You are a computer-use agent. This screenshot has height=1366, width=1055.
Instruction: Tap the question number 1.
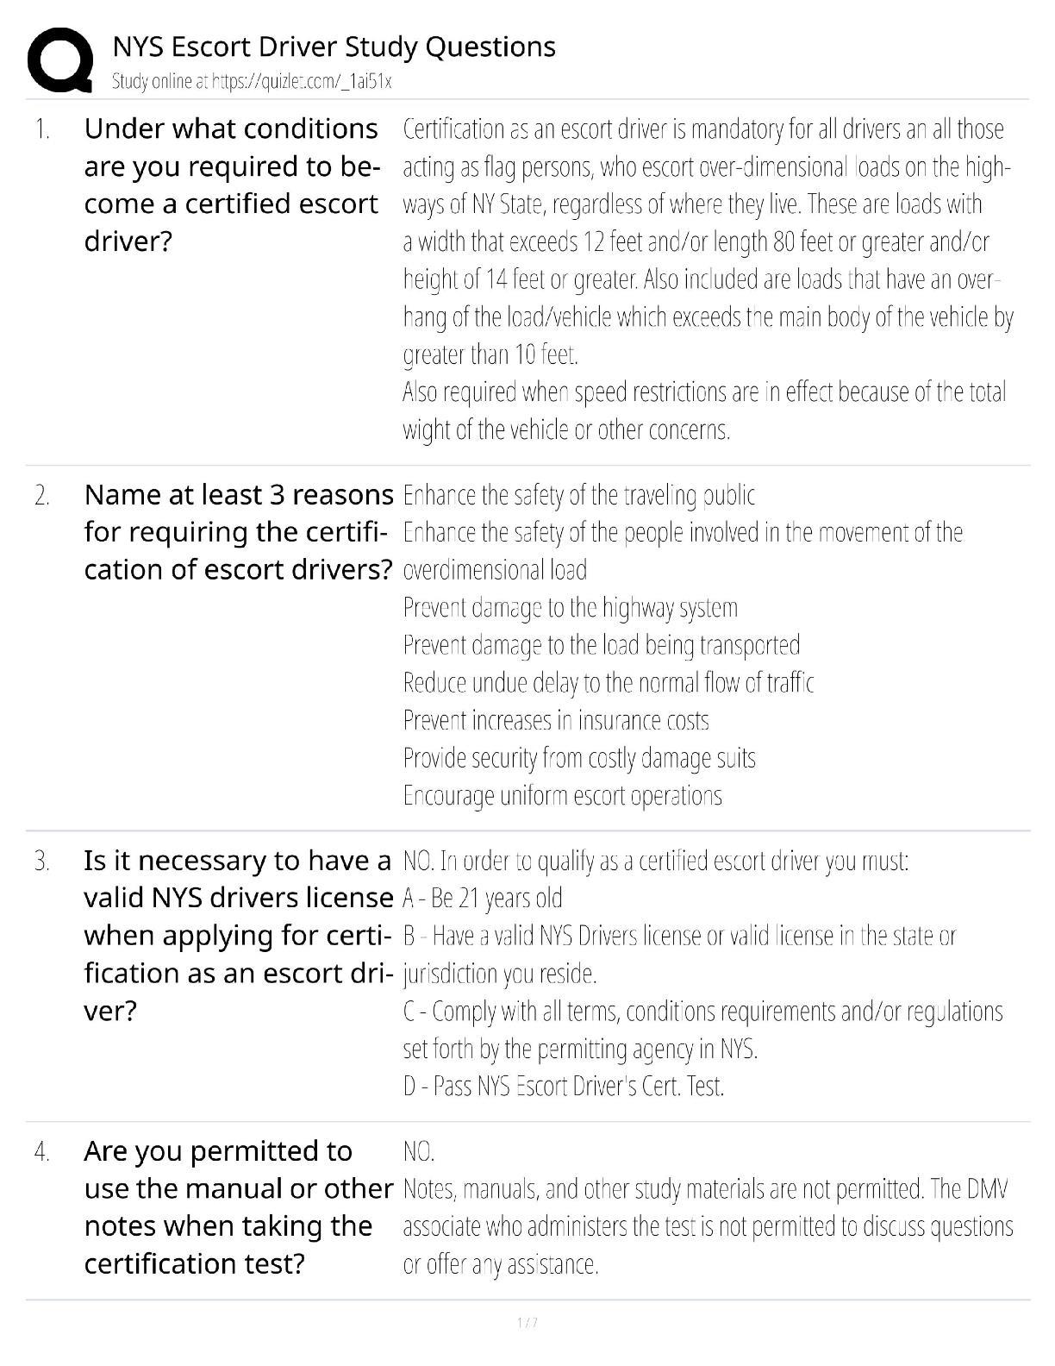pos(42,130)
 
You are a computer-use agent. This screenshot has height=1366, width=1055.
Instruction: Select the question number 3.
pos(41,862)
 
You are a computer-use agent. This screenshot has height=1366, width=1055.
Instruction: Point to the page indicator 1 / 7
pos(527,1322)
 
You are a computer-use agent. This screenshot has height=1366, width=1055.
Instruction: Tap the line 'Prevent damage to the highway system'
pos(570,608)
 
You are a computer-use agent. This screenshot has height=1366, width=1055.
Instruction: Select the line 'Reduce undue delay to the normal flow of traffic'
pos(608,683)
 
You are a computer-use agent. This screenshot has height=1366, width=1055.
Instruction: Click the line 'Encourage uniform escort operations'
pos(562,796)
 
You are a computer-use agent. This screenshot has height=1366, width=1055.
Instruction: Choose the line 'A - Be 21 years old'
pos(482,899)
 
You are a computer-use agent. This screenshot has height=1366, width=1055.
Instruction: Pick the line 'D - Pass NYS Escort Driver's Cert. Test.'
pos(564,1086)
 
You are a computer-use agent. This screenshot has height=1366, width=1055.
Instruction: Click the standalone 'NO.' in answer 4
pos(419,1151)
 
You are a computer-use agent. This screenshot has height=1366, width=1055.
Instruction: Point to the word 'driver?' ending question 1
pos(128,241)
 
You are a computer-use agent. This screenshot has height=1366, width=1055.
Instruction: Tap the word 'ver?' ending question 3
pos(110,1011)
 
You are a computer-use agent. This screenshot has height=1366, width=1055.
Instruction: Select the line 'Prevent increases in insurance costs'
pos(556,721)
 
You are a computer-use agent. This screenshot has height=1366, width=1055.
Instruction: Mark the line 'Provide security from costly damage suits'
pos(579,758)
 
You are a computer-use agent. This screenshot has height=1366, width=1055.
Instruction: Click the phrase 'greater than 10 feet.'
pos(490,354)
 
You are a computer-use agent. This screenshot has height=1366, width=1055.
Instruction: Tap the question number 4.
pos(42,1151)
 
